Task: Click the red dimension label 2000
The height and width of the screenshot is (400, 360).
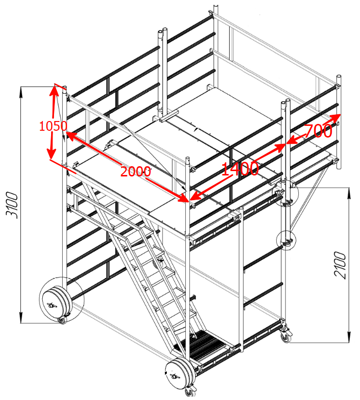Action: click(x=136, y=172)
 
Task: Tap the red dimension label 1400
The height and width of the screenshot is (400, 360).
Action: click(x=240, y=169)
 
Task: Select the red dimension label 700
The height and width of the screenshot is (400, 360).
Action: click(x=318, y=131)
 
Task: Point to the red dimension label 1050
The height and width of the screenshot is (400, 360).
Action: click(x=53, y=126)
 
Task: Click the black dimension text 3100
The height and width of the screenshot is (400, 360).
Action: click(x=12, y=206)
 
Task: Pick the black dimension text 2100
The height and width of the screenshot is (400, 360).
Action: click(x=341, y=265)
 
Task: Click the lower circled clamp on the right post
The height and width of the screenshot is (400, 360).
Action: click(x=287, y=240)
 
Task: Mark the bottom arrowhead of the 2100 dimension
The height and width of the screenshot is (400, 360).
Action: click(x=349, y=337)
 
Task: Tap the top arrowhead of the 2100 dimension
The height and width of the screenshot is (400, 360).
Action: click(x=349, y=193)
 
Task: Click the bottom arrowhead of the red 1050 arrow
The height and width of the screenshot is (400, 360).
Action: click(x=51, y=154)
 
